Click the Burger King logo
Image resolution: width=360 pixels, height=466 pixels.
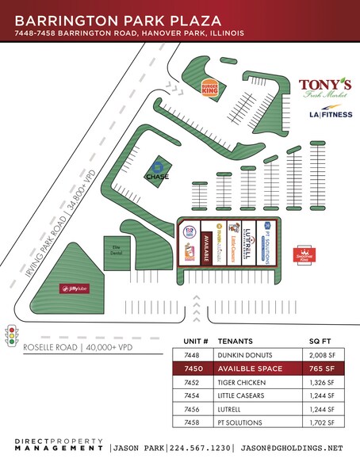(x=210, y=88)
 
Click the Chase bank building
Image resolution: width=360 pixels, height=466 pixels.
(x=157, y=171)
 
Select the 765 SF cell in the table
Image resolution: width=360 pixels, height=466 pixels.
(x=325, y=369)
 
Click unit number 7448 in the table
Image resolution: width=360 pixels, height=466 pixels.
(x=193, y=354)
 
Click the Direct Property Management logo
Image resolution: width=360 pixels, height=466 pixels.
(x=59, y=445)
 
